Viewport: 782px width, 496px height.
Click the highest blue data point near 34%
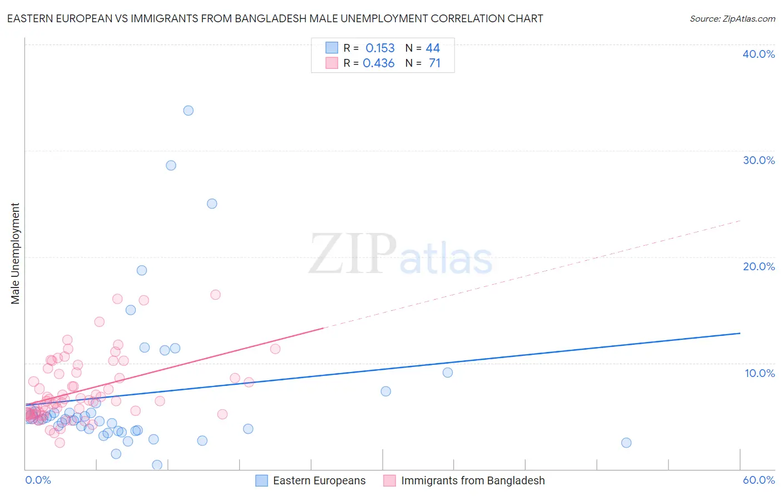pyautogui.click(x=189, y=111)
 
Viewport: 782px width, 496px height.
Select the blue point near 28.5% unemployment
pyautogui.click(x=171, y=166)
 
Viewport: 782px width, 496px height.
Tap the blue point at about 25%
pyautogui.click(x=212, y=204)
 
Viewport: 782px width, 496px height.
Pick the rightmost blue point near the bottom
pyautogui.click(x=626, y=443)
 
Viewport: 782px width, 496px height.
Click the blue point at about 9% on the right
pyautogui.click(x=448, y=373)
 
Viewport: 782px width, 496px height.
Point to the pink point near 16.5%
pyautogui.click(x=215, y=295)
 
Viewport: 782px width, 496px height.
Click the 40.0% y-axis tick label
pyautogui.click(x=759, y=54)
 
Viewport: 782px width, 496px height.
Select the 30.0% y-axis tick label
pyautogui.click(x=759, y=160)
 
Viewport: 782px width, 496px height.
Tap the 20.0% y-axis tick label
pyautogui.click(x=759, y=266)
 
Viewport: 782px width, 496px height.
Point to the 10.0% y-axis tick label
pyautogui.click(x=759, y=373)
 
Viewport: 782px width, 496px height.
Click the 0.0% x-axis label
pyautogui.click(x=38, y=480)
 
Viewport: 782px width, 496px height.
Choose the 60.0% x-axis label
pyautogui.click(x=759, y=480)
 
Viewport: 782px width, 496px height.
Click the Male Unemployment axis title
pyautogui.click(x=16, y=254)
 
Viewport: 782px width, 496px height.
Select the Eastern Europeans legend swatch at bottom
pyautogui.click(x=261, y=480)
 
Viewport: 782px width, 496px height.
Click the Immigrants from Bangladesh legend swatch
pyautogui.click(x=389, y=480)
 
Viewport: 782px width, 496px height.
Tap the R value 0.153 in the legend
pyautogui.click(x=380, y=48)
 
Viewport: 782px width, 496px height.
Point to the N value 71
pyautogui.click(x=434, y=63)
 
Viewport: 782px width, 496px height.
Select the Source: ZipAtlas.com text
pyautogui.click(x=732, y=19)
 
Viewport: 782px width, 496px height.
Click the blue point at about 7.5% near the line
pyautogui.click(x=386, y=391)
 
